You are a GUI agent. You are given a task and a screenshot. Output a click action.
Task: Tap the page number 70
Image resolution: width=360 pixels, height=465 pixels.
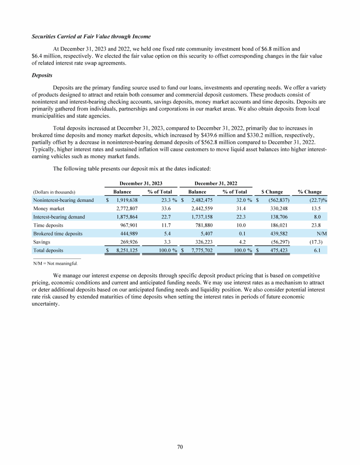click(180, 447)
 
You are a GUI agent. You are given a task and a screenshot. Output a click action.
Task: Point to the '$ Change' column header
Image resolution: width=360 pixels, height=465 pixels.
click(271, 192)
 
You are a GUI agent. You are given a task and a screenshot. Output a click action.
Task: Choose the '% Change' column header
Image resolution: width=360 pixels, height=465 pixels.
click(309, 192)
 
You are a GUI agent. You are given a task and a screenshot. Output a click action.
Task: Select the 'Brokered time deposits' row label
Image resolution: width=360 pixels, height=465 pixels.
click(58, 234)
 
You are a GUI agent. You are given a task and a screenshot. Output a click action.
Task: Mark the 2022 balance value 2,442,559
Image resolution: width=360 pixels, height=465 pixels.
click(202, 208)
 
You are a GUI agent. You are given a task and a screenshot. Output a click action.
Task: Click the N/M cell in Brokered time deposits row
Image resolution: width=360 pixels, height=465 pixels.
click(321, 234)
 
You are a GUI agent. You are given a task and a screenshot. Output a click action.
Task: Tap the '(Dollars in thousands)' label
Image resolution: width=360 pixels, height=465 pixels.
click(54, 192)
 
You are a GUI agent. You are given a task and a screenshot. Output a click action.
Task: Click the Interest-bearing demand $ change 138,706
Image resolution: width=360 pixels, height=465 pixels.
click(279, 217)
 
